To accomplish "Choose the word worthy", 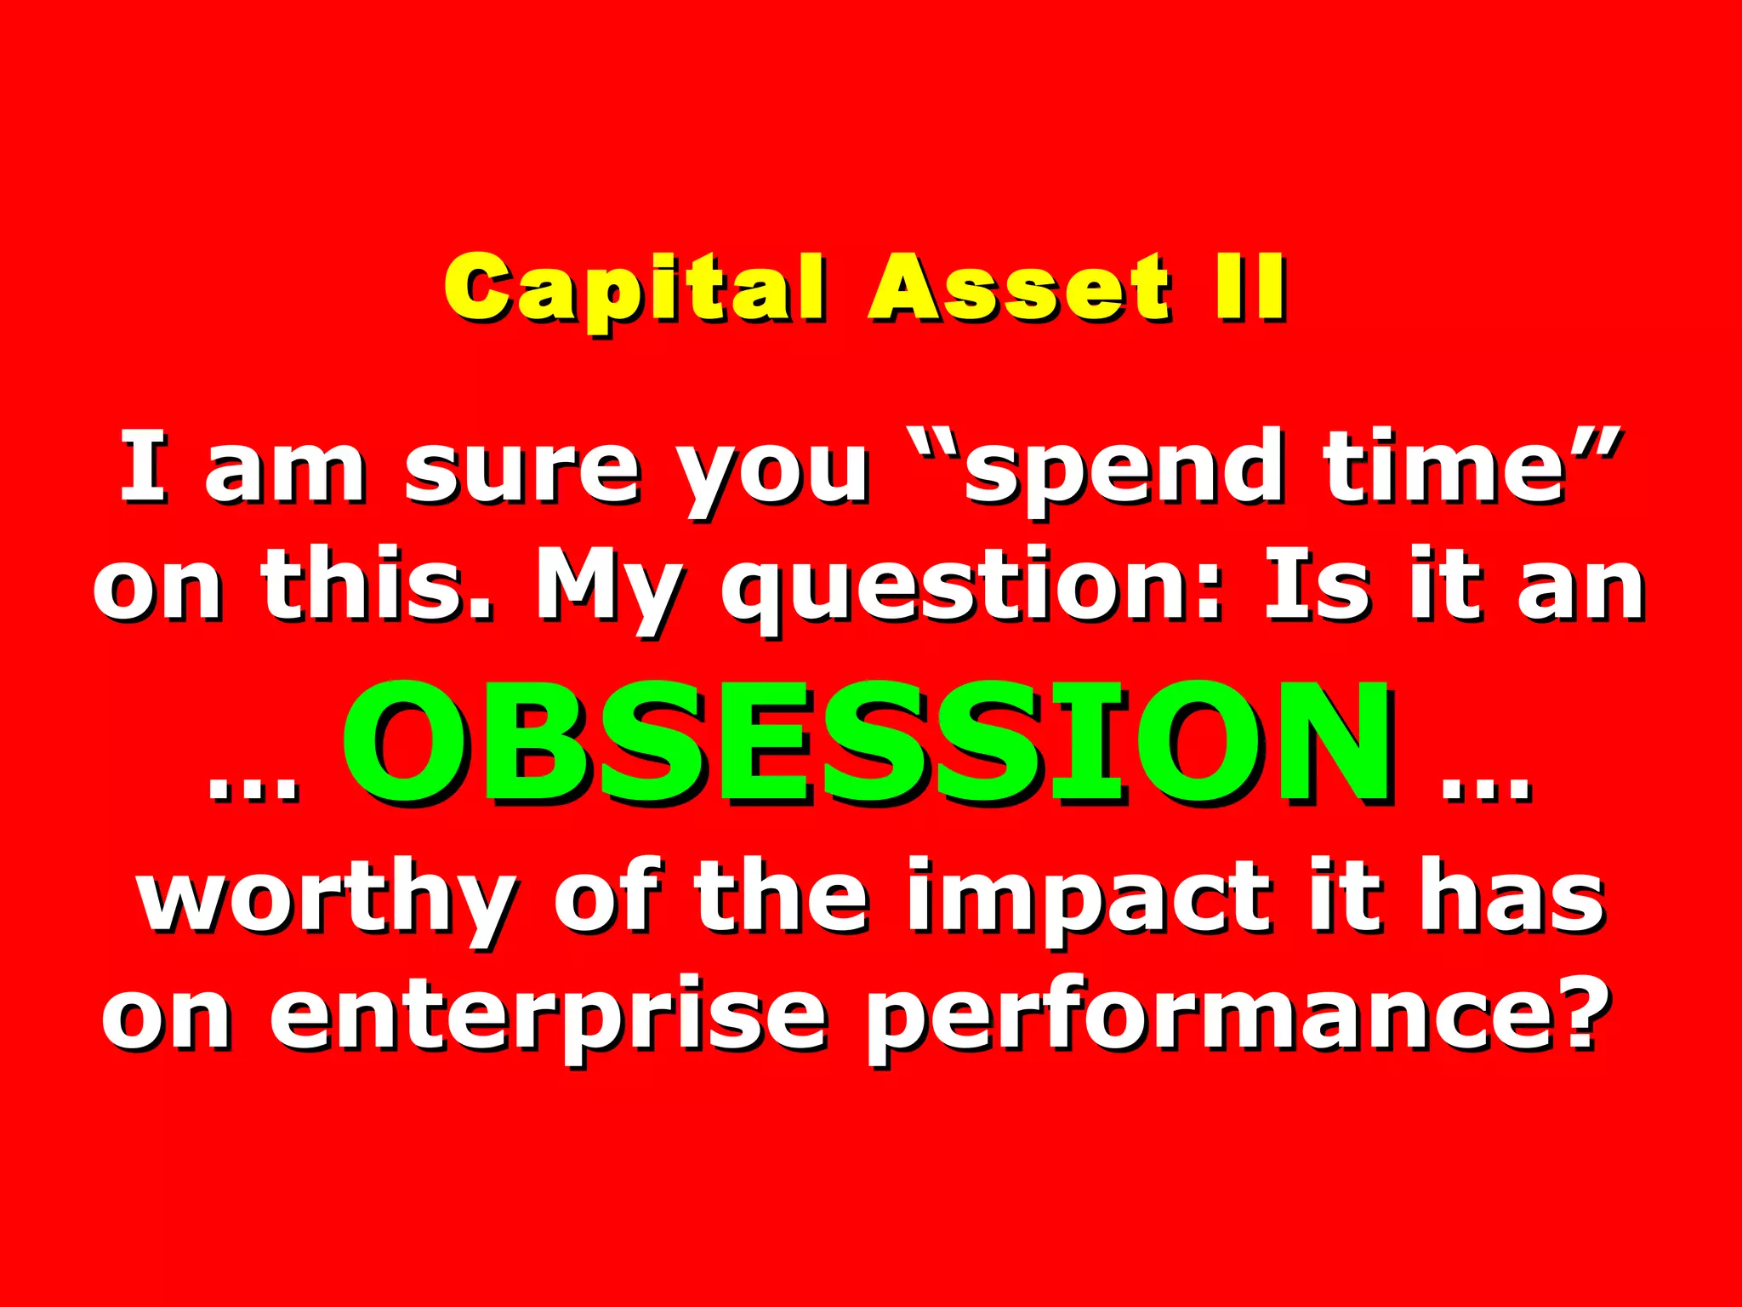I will (x=327, y=902).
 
